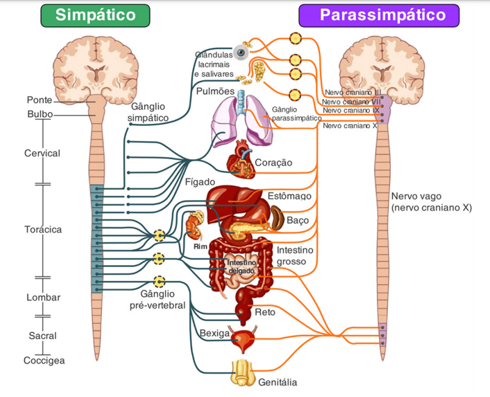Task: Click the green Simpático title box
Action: (95, 15)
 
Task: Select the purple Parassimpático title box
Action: (379, 15)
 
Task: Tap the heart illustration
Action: (240, 157)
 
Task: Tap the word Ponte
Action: (40, 100)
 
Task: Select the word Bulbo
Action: (40, 114)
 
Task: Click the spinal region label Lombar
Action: (43, 298)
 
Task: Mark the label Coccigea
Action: (44, 360)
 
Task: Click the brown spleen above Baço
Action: (277, 217)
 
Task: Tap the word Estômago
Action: (289, 196)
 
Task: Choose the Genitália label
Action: (278, 383)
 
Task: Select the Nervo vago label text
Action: (431, 202)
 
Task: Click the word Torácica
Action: (43, 230)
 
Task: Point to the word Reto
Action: (265, 312)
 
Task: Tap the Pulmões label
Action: (215, 92)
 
